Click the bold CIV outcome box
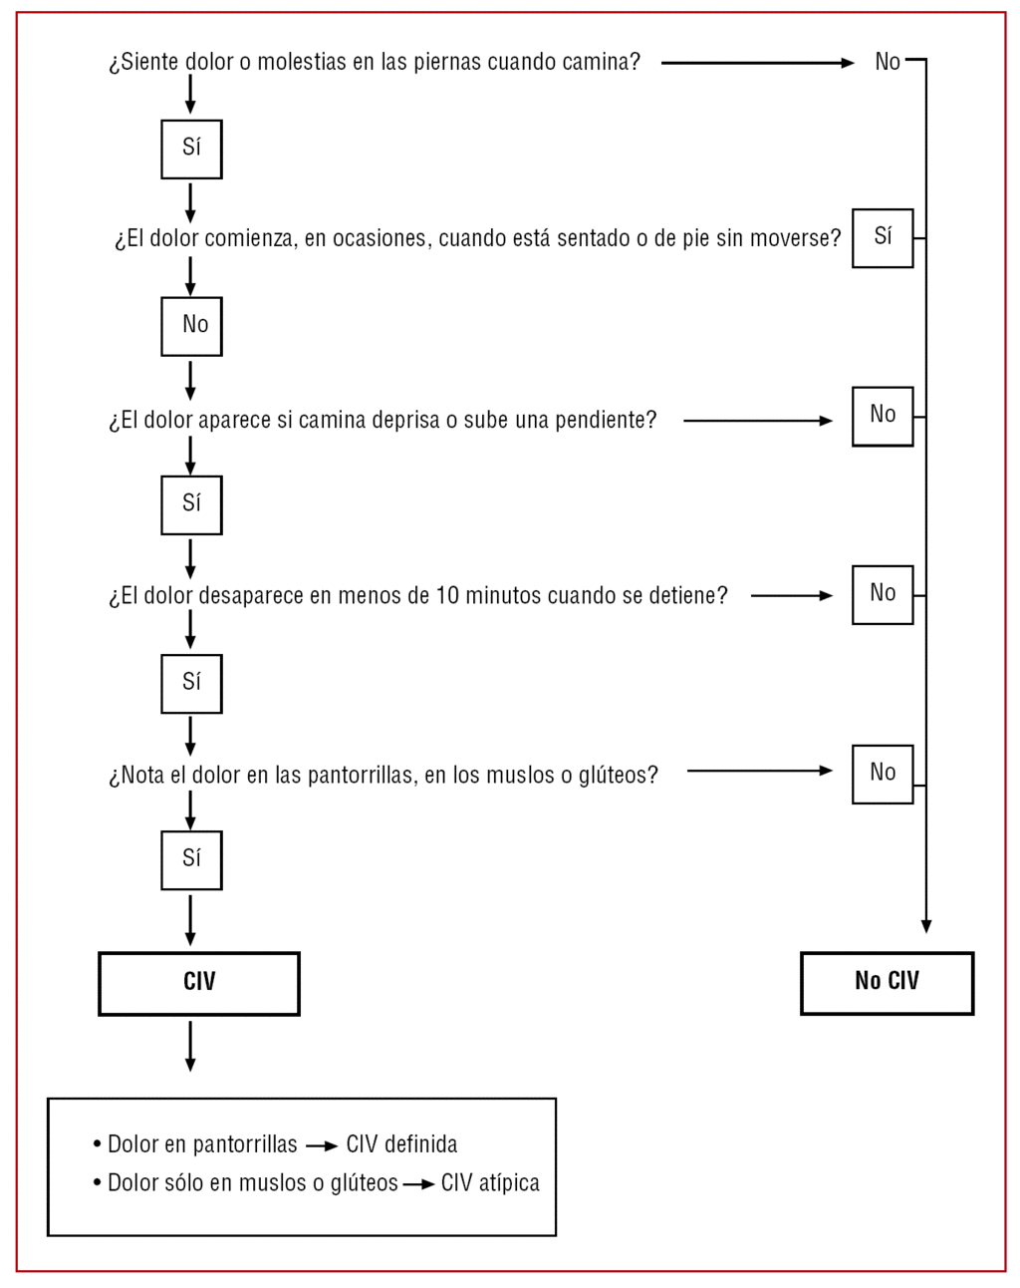pos(199,983)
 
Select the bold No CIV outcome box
pos(887,983)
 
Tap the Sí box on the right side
pos(883,238)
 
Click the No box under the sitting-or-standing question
pos(191,326)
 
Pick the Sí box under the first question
pos(191,150)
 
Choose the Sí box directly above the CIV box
pos(191,860)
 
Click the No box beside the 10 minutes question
pos(883,595)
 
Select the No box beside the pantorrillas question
pos(883,774)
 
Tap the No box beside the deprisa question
pos(883,416)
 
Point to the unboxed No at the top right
pos(888,62)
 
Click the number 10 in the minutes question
pos(447,596)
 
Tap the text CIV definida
pos(401,1144)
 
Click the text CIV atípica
pos(490,1183)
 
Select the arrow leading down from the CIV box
pos(190,1046)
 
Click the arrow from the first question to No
pos(757,63)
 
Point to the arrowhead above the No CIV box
pos(926,926)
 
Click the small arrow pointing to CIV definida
pos(322,1146)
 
